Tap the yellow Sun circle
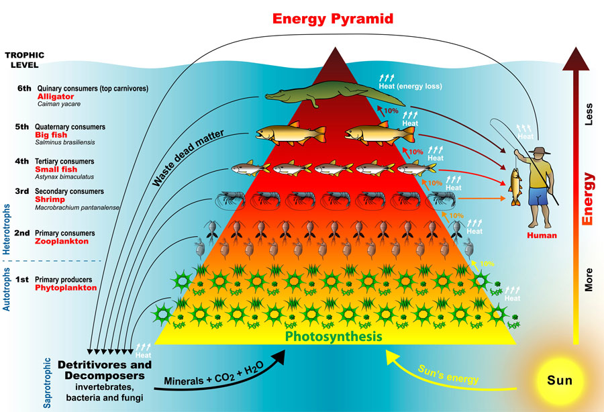coord(558,380)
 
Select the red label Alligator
coord(55,97)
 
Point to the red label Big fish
coord(52,134)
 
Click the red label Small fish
coord(56,169)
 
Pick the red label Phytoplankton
coord(66,287)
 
